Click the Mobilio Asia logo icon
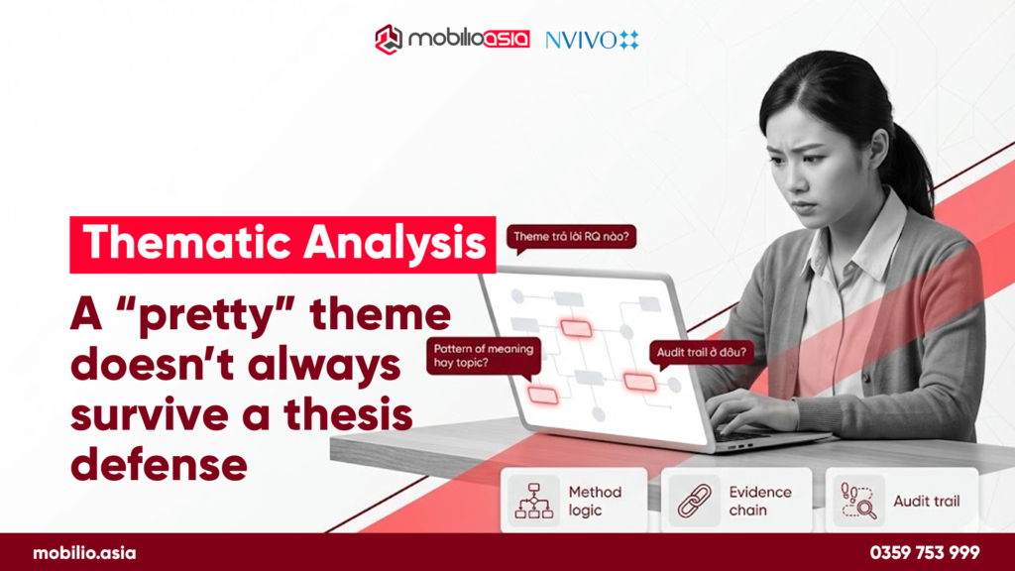click(x=388, y=40)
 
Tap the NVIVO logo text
click(x=580, y=40)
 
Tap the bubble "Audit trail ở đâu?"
click(x=699, y=351)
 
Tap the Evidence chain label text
click(x=760, y=501)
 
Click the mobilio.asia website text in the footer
click(x=84, y=553)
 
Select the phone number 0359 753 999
click(x=924, y=553)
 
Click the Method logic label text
click(x=595, y=501)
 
